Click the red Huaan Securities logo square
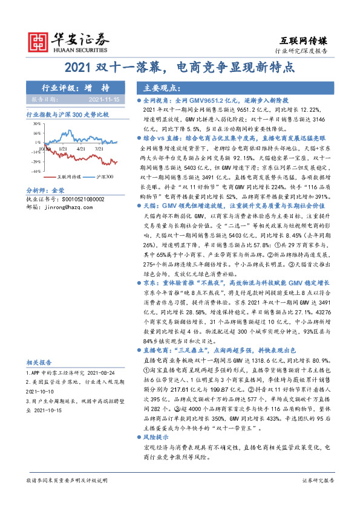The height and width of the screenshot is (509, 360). coord(41,41)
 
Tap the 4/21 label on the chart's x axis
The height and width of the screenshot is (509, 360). coord(82,147)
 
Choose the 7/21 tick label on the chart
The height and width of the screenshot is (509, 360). coord(99,147)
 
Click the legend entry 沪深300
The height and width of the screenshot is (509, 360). coord(105,177)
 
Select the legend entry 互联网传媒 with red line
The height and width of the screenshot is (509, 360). coord(63,177)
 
